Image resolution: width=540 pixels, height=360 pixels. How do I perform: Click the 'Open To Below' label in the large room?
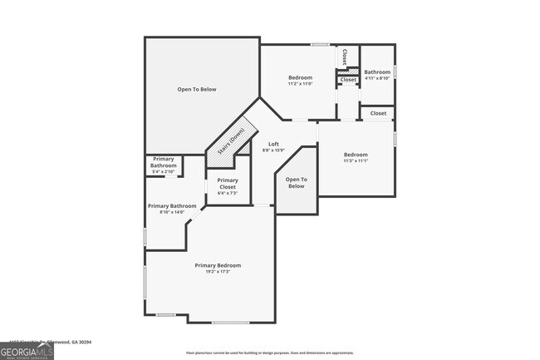pos(197,89)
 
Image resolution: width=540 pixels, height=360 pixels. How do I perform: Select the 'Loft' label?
pos(273,144)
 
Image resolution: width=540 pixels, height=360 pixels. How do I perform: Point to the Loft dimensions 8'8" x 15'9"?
pos(273,150)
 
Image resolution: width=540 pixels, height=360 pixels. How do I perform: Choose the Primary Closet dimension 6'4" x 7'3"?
pos(228,193)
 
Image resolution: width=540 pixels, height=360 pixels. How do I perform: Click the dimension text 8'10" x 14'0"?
pos(172,212)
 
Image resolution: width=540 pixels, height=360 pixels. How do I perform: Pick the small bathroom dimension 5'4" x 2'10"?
pos(164,172)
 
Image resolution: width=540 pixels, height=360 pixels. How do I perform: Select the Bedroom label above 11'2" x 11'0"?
pos(300,77)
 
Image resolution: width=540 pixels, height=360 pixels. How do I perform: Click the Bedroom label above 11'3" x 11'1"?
pos(356,155)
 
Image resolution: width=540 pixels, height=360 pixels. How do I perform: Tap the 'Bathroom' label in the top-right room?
pos(377,72)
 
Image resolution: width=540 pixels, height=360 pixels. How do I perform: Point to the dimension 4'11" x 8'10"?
pos(377,79)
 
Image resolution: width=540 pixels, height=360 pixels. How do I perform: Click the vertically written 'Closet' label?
pos(345,57)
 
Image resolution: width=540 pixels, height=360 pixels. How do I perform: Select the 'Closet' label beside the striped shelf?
pos(348,80)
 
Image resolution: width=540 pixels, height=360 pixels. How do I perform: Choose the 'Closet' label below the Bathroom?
pos(378,113)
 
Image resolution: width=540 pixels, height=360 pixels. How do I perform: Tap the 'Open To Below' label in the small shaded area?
pos(297,182)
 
